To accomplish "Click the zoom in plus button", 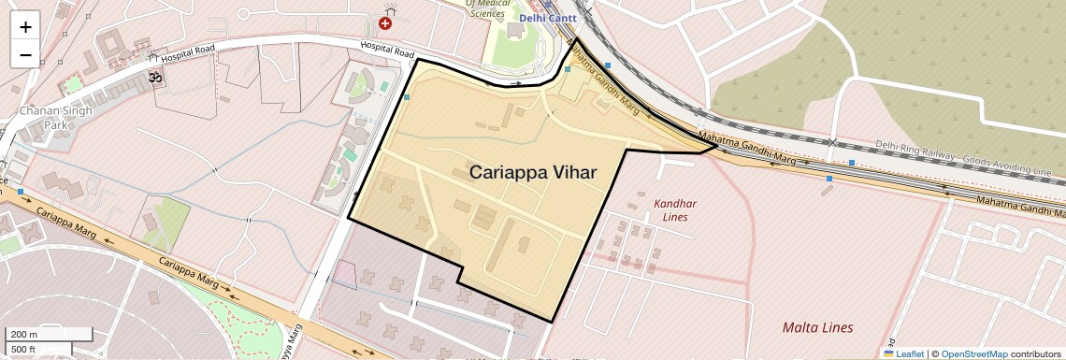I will tap(25, 26).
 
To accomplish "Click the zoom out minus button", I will tap(25, 54).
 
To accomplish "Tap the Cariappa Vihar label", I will tap(532, 172).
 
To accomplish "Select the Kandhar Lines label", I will tap(675, 209).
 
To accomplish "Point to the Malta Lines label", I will tap(817, 327).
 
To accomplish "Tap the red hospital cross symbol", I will tap(385, 22).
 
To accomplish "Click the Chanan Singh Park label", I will tap(44, 117).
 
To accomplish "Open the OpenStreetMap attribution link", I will tap(973, 353).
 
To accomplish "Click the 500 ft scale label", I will tap(24, 350).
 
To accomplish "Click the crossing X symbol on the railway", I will tap(831, 142).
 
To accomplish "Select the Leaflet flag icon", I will tap(889, 353).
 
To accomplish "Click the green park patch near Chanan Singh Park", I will tap(73, 85).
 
